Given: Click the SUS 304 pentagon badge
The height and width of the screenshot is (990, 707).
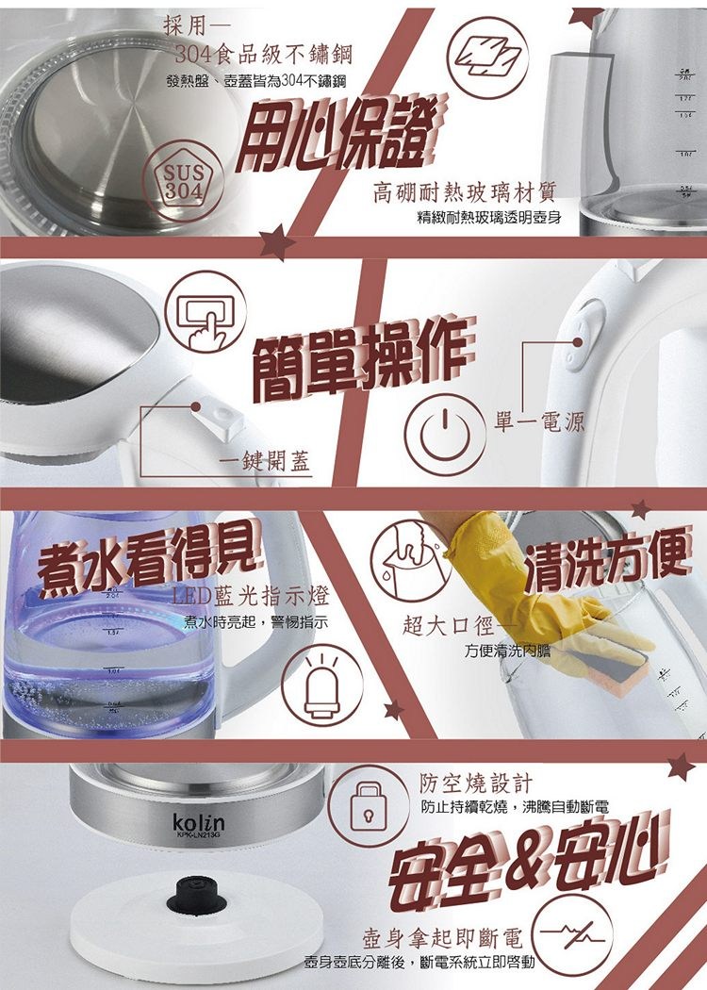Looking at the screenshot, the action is click(x=184, y=180).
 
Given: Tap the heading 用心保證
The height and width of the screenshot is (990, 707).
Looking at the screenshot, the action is click(x=341, y=134).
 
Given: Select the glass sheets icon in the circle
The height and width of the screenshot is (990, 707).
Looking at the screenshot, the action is click(x=489, y=58).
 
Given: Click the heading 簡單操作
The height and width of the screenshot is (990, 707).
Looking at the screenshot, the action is click(x=361, y=357).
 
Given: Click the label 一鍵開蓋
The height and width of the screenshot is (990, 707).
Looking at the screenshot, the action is click(x=265, y=463).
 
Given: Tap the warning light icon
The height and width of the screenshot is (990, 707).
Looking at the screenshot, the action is click(x=322, y=684).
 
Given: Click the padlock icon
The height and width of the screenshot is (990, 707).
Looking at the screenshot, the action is click(x=368, y=805).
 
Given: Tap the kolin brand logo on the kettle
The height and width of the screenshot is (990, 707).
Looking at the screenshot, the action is click(x=199, y=821).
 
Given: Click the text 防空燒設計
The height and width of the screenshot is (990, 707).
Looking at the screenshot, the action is click(x=475, y=784).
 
